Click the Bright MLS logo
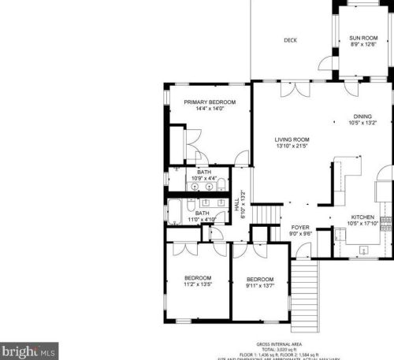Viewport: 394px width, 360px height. pyautogui.click(x=29, y=347)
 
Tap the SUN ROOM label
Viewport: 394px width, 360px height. pyautogui.click(x=363, y=37)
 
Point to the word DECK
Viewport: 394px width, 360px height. pyautogui.click(x=290, y=40)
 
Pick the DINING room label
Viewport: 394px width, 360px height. pyautogui.click(x=362, y=116)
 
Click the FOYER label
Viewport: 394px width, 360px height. pyautogui.click(x=301, y=227)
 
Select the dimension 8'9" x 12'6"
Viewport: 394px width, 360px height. pyautogui.click(x=363, y=44)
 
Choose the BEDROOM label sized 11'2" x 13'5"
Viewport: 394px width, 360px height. pyautogui.click(x=198, y=277)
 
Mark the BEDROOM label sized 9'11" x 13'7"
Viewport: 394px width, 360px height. pyautogui.click(x=259, y=279)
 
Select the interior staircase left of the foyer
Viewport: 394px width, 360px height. pyautogui.click(x=269, y=214)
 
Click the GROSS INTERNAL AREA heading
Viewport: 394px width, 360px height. pyautogui.click(x=281, y=344)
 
